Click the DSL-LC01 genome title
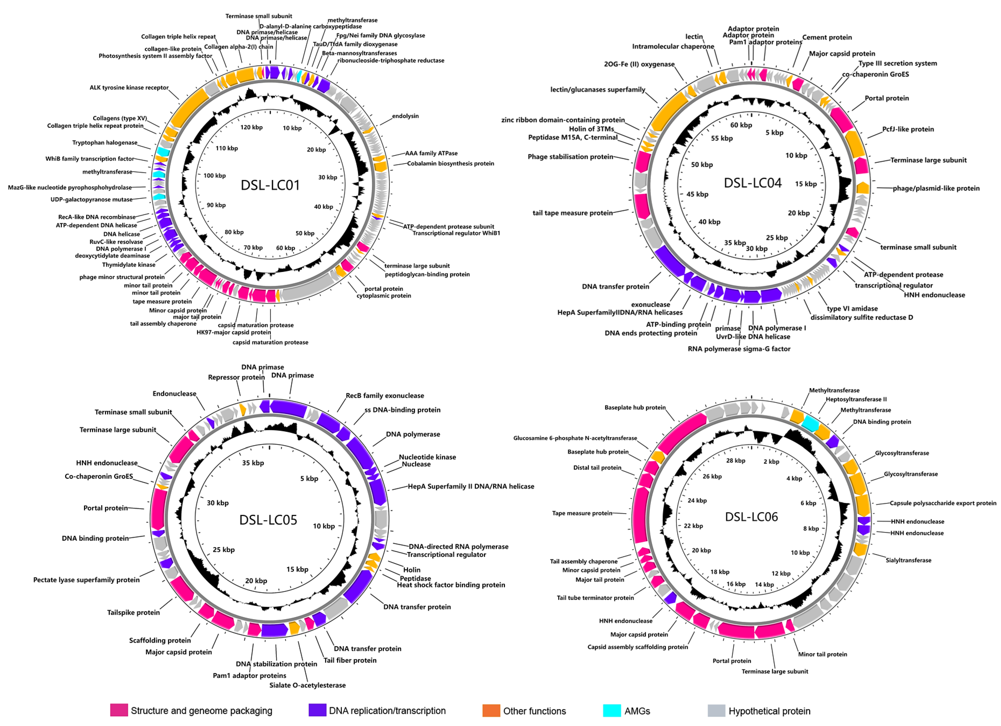pyautogui.click(x=270, y=185)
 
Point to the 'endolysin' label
pyautogui.click(x=405, y=116)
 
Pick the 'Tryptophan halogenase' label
pyautogui.click(x=105, y=143)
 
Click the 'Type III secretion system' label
pyautogui.click(x=897, y=63)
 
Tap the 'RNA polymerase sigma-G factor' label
pyautogui.click(x=739, y=349)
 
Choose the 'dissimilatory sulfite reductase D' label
pyautogui.click(x=862, y=317)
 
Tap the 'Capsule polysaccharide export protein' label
pyautogui.click(x=943, y=503)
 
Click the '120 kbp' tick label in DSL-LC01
pyautogui.click(x=251, y=127)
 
